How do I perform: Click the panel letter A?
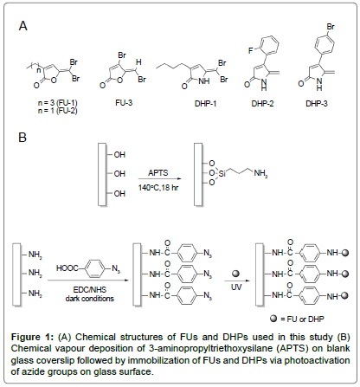(x=23, y=26)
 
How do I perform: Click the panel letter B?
(x=22, y=137)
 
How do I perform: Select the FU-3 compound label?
(x=124, y=103)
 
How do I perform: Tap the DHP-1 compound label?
(x=205, y=104)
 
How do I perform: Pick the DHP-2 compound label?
(x=262, y=104)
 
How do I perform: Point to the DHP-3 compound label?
(x=317, y=104)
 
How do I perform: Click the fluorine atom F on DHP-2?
(x=250, y=51)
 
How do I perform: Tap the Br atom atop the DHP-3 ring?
(x=331, y=27)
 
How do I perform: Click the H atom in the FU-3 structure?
(x=138, y=62)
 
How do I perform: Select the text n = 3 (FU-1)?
(x=58, y=103)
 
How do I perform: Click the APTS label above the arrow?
(x=158, y=173)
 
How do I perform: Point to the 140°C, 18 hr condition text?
(x=158, y=188)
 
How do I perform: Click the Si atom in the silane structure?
(x=222, y=174)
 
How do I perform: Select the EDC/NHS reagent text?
(x=90, y=289)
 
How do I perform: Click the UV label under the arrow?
(x=236, y=287)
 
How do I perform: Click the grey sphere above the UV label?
(x=236, y=274)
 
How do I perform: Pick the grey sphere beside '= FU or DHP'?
(x=273, y=319)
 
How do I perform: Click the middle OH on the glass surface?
(x=119, y=174)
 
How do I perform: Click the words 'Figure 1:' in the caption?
(x=32, y=337)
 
